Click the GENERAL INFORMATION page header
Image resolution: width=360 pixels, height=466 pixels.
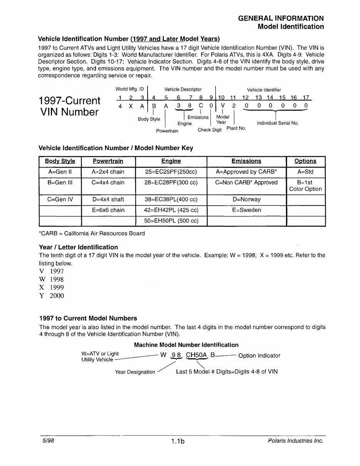tap(281, 18)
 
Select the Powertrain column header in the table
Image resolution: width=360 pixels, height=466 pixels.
tap(108, 161)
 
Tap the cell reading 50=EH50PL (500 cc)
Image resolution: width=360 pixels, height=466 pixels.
tap(171, 221)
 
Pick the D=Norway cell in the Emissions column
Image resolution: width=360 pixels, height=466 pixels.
tap(247, 199)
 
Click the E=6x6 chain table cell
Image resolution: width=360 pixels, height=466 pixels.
tap(108, 210)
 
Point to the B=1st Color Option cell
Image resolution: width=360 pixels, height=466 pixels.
tap(305, 186)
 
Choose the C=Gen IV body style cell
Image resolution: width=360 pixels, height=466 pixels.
tap(60, 199)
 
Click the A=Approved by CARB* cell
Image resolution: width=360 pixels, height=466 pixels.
tap(247, 172)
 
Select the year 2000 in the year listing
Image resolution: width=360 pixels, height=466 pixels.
tap(57, 296)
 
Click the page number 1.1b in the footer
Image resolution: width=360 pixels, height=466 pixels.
tap(178, 442)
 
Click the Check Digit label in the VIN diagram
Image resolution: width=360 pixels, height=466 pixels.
tap(210, 130)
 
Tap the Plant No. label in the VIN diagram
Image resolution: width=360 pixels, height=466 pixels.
tap(236, 128)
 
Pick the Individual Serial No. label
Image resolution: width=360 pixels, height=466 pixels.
tap(278, 123)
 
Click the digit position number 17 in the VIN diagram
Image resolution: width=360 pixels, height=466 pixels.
tap(306, 98)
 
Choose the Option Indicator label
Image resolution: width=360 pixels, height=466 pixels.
tap(259, 355)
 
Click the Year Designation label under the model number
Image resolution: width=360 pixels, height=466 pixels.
tap(135, 372)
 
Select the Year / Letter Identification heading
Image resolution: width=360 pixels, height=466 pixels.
tap(79, 247)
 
